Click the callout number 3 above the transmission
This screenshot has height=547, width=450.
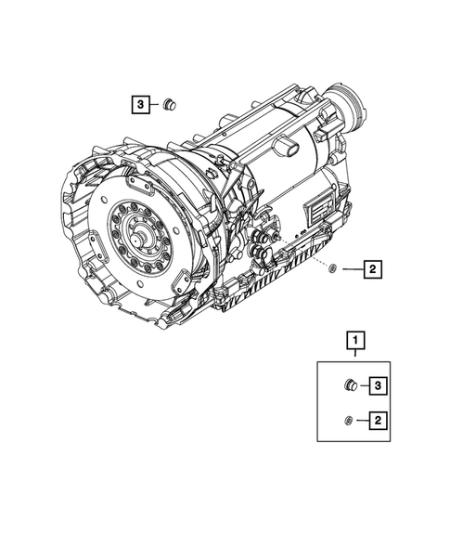138,106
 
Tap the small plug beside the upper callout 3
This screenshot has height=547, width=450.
170,106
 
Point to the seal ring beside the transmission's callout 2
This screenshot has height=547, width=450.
331,269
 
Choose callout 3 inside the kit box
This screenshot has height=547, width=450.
379,384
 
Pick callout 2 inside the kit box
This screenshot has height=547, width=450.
379,422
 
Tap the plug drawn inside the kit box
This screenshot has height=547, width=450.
351,384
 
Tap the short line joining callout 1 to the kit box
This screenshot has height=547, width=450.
354,355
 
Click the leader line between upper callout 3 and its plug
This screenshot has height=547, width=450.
154,106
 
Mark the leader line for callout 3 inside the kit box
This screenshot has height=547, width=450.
364,384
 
